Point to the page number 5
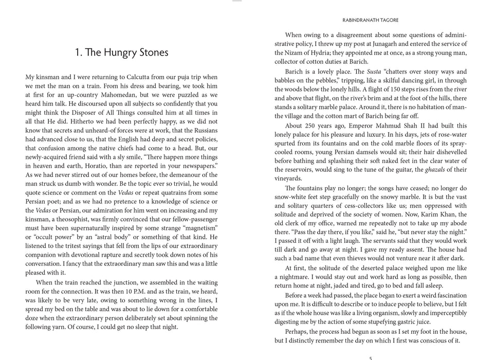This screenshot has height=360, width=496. point(371,357)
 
